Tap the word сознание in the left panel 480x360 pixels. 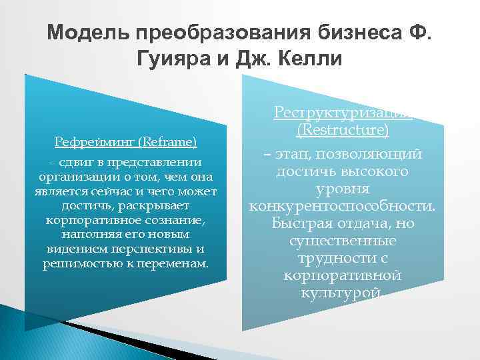pyautogui.click(x=175, y=220)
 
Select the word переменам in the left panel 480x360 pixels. pyautogui.click(x=175, y=263)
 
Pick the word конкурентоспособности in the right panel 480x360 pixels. pyautogui.click(x=342, y=206)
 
